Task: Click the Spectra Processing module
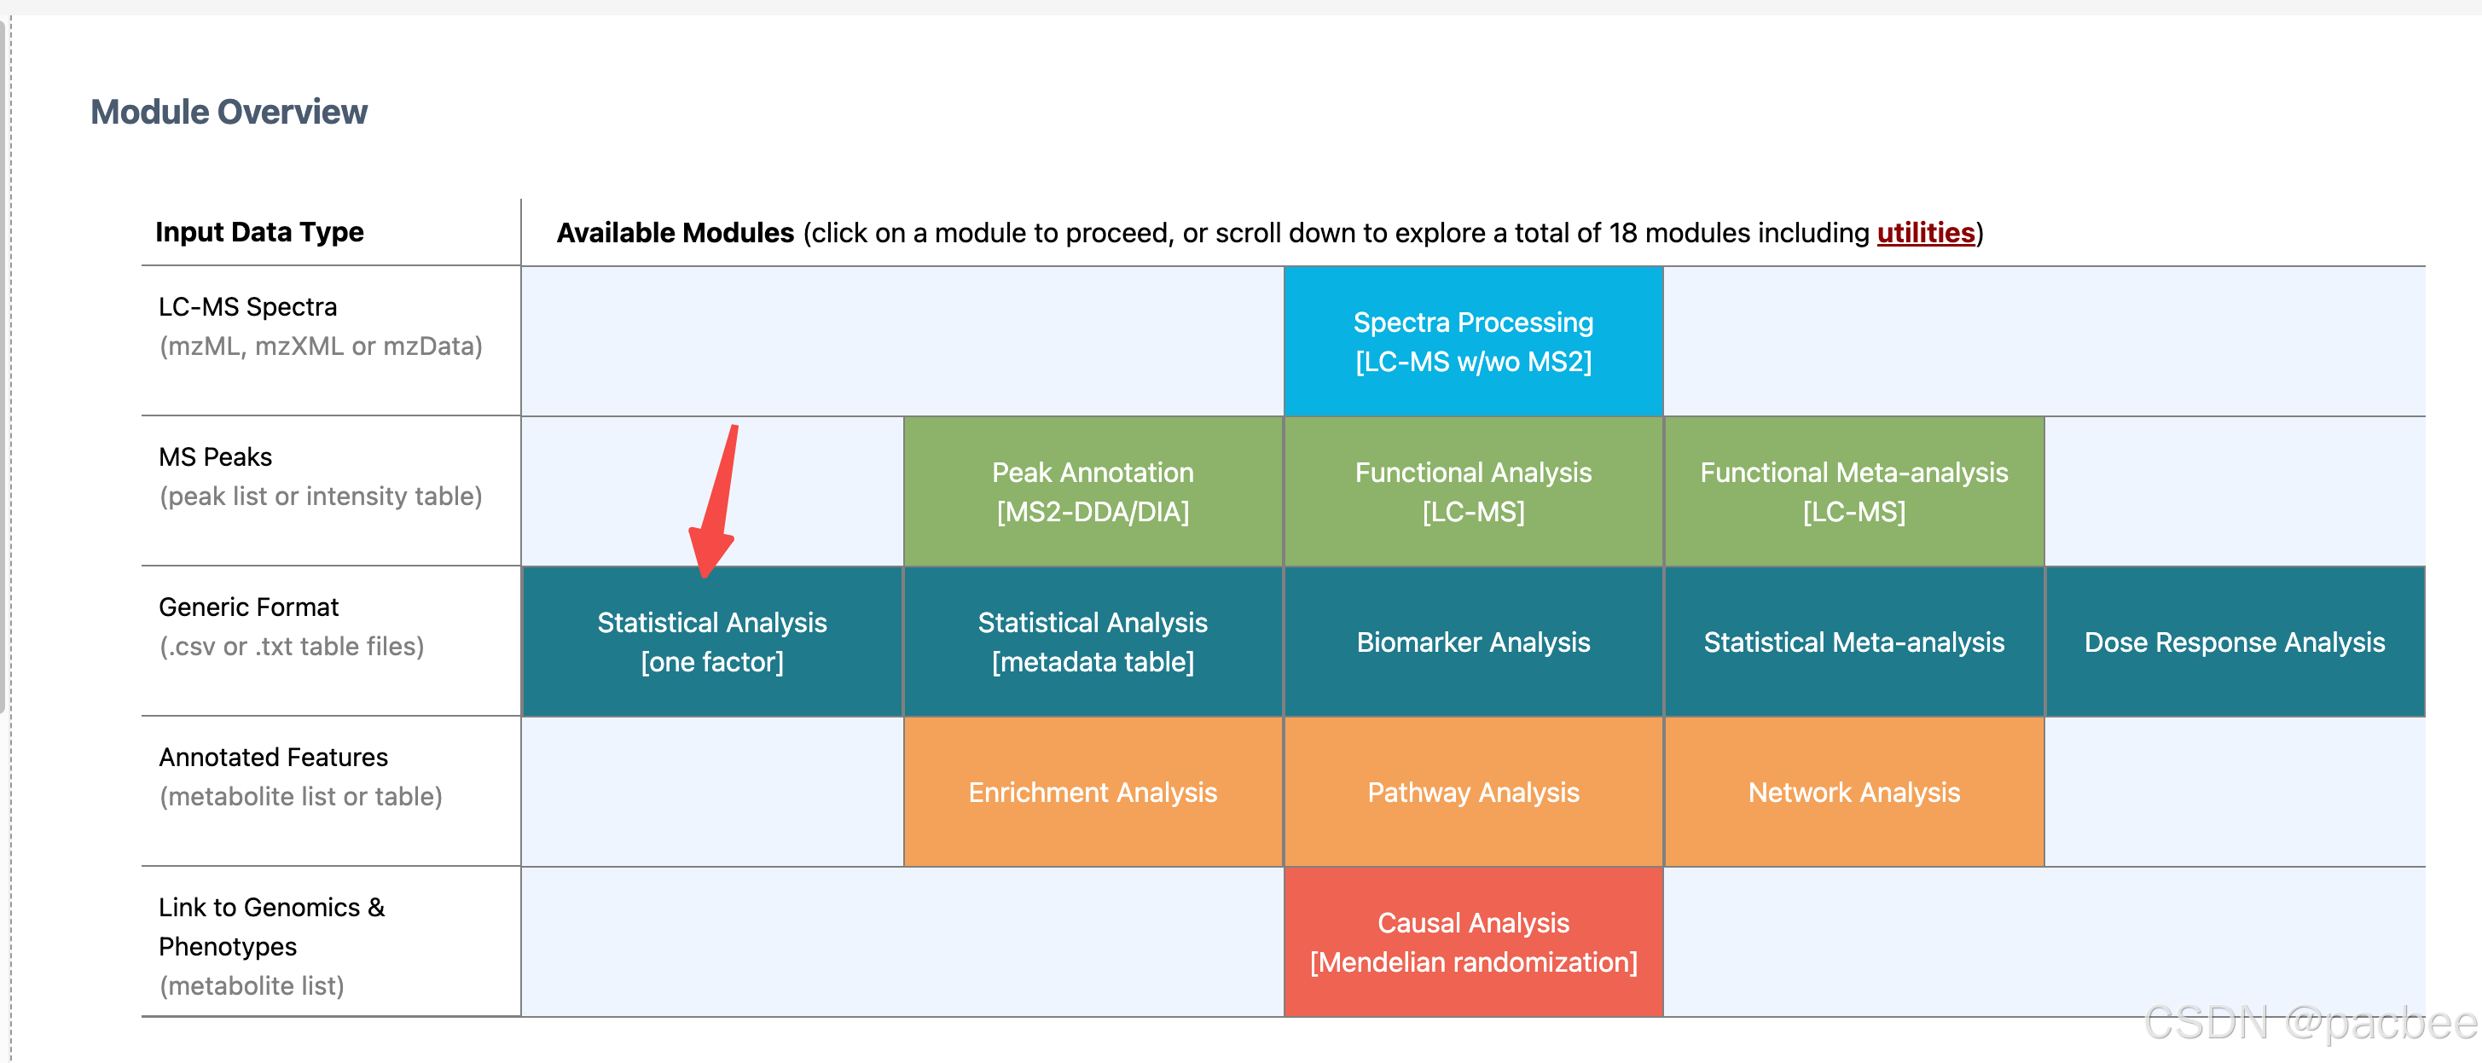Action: [1473, 341]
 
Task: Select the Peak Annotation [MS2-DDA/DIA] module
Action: [1093, 491]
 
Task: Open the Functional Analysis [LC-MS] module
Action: [1473, 491]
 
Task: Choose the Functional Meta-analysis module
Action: [1853, 491]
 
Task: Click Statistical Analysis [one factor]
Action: [712, 642]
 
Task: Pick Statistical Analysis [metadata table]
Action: [1093, 642]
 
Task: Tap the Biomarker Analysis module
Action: [1473, 642]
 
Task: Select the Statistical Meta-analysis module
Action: [1853, 642]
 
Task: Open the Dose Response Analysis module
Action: [2235, 642]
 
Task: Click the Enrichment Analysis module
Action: [1093, 793]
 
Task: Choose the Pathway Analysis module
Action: [1473, 793]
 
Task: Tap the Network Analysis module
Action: [1853, 793]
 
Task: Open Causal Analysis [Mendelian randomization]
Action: [1473, 943]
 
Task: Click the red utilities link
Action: [1925, 233]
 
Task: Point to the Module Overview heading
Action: [229, 112]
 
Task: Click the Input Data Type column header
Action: [259, 232]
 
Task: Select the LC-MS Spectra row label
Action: [247, 306]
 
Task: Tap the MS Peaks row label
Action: [215, 456]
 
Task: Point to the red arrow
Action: [715, 501]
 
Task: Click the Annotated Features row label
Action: [273, 758]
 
